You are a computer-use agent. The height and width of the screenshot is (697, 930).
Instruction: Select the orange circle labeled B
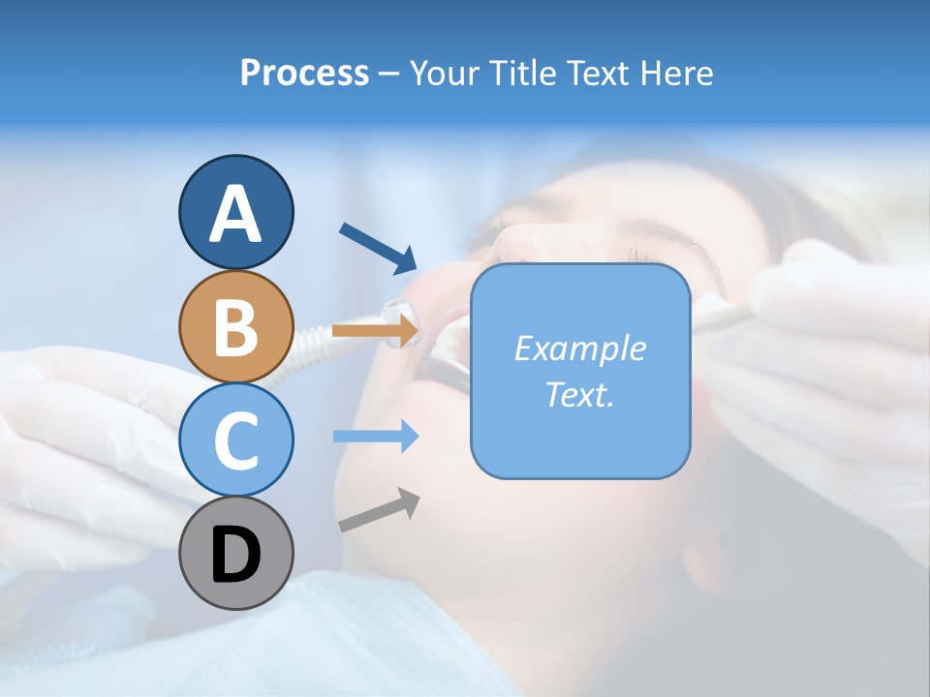[x=235, y=327]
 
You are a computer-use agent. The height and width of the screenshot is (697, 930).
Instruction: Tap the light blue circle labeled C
[x=235, y=439]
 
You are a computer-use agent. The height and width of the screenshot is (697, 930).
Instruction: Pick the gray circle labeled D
[x=235, y=553]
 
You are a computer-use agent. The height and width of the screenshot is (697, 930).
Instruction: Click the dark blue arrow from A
[x=378, y=246]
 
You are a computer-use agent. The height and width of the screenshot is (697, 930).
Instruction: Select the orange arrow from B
[x=376, y=331]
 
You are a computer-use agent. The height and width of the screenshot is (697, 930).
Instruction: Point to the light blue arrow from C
[x=376, y=437]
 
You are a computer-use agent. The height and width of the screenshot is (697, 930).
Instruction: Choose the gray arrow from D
[x=379, y=510]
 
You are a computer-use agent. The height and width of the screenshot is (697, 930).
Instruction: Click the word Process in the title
[x=304, y=73]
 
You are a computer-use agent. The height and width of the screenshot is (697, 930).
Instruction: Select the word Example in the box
[x=579, y=348]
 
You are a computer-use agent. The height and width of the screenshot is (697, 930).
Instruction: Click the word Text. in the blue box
[x=579, y=394]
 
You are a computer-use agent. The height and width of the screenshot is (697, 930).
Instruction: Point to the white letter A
[x=235, y=214]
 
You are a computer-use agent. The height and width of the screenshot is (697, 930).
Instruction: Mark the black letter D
[x=235, y=555]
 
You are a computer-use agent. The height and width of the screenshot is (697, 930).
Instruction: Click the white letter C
[x=235, y=441]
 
